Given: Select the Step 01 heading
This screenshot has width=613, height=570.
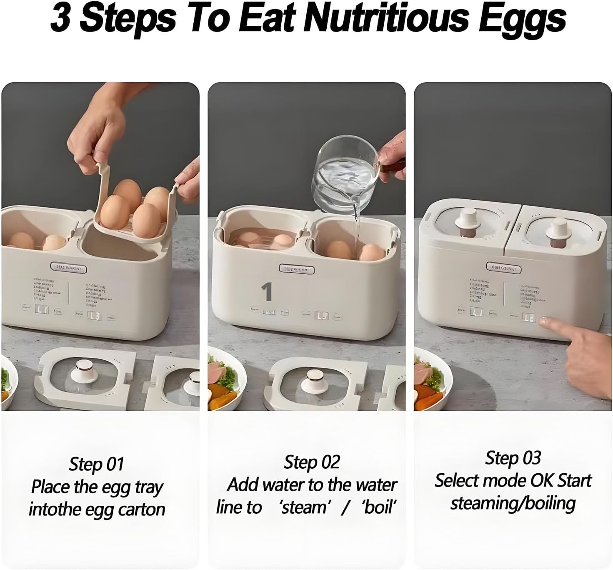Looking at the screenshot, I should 97,464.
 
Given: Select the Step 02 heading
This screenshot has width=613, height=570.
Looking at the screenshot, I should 312,462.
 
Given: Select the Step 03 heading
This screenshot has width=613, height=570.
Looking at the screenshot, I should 513,458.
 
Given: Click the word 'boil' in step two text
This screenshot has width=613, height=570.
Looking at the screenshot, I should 378,507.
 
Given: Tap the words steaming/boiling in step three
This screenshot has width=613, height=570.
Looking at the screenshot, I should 513,503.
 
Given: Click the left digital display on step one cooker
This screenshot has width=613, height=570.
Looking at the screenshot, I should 42,310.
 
